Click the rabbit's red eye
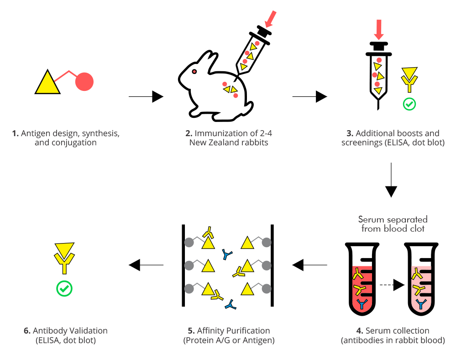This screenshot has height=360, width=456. [194, 72]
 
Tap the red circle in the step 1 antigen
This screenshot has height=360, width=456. [84, 81]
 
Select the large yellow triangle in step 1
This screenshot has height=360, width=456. [47, 84]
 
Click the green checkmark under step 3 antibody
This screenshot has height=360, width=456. [409, 104]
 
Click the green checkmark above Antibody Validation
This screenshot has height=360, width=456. [64, 288]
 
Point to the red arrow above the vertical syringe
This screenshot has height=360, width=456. [378, 30]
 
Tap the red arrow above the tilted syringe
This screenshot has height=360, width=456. [271, 18]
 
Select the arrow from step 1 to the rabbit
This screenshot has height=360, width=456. [146, 96]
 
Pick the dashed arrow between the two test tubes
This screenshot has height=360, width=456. [392, 285]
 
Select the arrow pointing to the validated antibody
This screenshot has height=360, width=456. [146, 265]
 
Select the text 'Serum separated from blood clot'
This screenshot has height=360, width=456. [393, 223]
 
